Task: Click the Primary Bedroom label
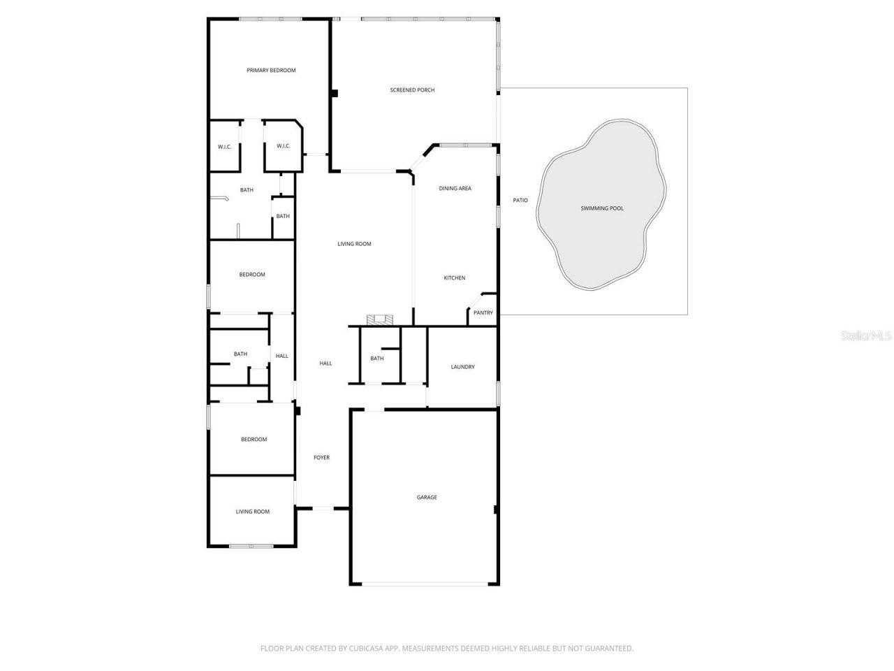271,71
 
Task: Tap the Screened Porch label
412,90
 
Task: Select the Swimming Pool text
602,208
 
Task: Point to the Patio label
520,201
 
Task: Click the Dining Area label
455,189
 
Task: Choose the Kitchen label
455,278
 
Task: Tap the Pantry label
483,313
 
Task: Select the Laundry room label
462,367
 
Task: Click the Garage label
427,498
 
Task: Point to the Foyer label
321,458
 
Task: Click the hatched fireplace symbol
380,320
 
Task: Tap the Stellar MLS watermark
866,336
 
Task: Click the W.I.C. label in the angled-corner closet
283,146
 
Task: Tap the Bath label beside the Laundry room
377,359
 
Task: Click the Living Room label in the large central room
354,244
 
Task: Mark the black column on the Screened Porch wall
335,93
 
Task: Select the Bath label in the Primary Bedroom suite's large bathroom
247,190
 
